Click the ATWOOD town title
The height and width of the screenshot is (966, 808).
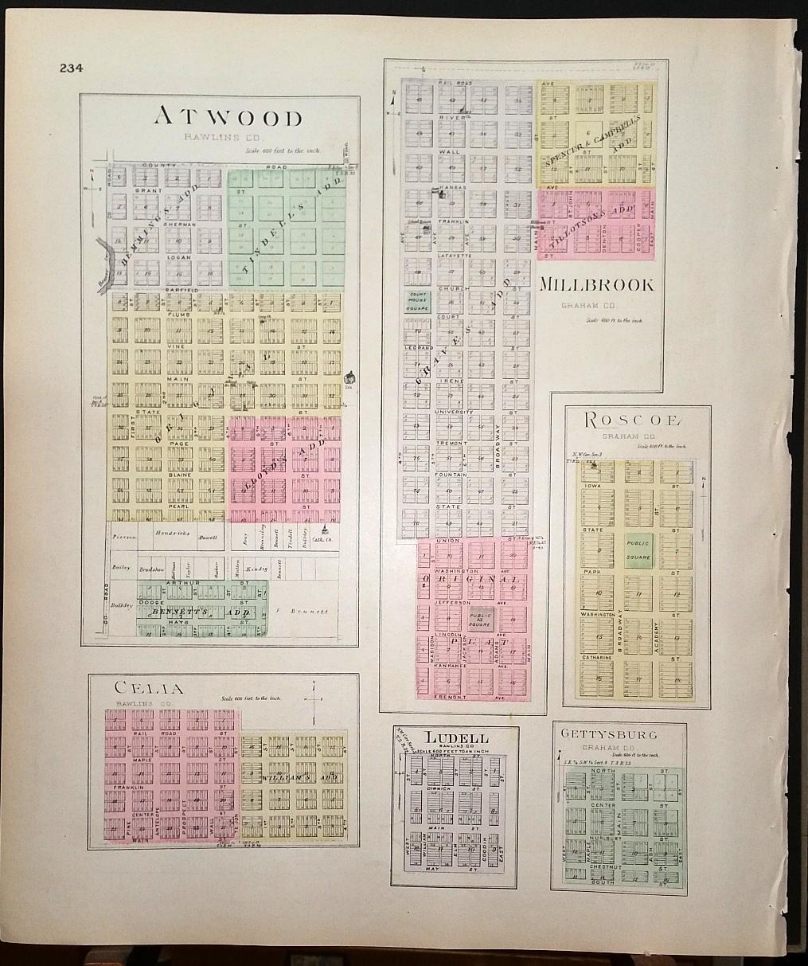point(228,117)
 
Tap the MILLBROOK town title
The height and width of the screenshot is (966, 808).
point(597,285)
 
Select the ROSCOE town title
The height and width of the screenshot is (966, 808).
point(634,420)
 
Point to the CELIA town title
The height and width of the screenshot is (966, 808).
point(149,688)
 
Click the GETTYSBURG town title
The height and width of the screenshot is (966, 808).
point(609,733)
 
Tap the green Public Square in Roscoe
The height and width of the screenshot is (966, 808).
point(639,550)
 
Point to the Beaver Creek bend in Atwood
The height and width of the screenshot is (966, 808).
point(103,256)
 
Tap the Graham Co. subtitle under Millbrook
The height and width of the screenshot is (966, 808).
point(582,304)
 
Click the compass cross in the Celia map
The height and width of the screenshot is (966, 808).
point(316,699)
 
